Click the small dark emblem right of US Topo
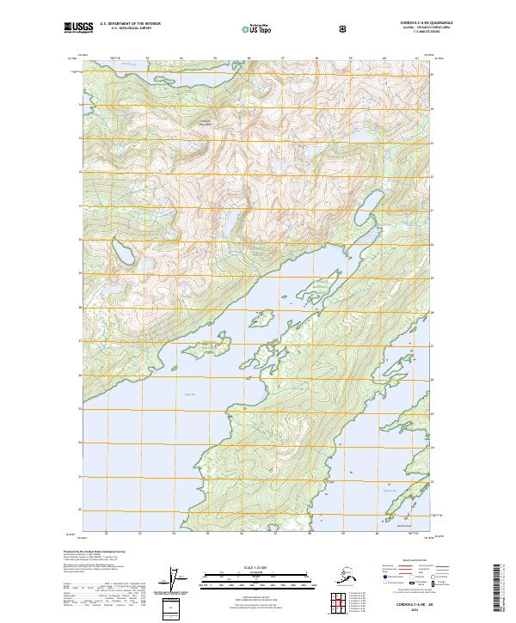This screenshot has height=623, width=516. pos(345,29)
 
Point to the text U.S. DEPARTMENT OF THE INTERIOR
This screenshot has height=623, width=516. pos(130,24)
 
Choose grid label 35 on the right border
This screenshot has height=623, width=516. pos(433,76)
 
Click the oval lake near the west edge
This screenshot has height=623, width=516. pos(123,256)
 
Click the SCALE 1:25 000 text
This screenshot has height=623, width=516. pos(257,566)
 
